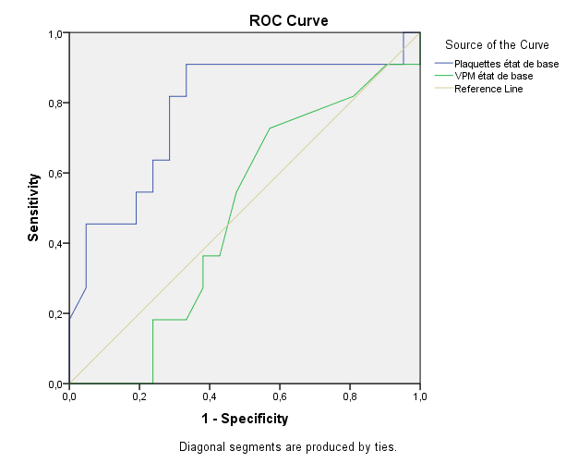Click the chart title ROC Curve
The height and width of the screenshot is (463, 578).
289,20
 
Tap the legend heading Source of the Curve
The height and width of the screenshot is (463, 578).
497,44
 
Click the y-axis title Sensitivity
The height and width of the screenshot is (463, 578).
33,209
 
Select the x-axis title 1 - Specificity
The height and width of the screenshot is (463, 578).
245,419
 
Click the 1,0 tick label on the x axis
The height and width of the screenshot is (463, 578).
420,396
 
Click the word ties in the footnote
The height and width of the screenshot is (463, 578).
384,447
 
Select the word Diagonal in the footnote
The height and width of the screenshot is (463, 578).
201,447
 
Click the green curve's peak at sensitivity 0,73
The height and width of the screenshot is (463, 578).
270,128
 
